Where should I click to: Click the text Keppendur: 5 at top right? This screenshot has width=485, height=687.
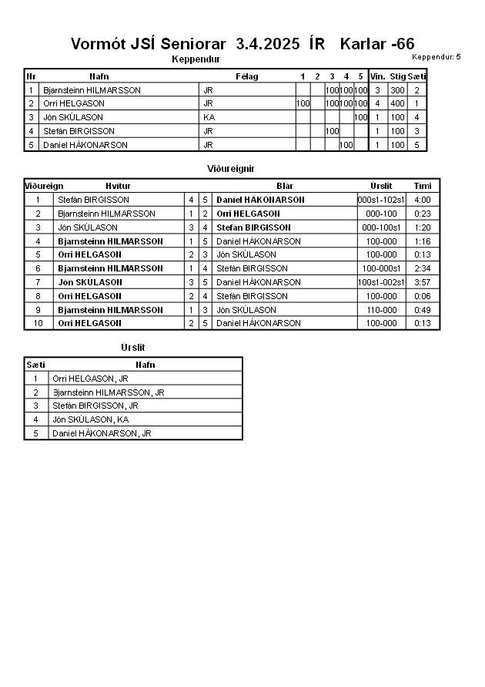pos(436,57)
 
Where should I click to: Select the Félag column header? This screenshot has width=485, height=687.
pos(246,76)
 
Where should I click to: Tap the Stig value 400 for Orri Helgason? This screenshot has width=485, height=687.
pos(397,103)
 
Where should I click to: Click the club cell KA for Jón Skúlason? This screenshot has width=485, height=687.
pos(209,117)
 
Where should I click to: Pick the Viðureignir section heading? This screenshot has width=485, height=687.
pos(231,168)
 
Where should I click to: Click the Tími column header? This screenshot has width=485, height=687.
pos(422,186)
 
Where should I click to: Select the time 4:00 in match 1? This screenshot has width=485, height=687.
pos(422,200)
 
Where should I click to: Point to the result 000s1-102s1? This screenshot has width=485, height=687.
pos(381,200)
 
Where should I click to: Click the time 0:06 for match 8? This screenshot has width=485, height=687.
pos(422,296)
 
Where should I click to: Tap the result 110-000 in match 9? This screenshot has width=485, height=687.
pos(381,310)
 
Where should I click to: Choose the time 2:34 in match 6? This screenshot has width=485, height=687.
pos(422,268)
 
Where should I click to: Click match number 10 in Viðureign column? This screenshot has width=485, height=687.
pos(38,323)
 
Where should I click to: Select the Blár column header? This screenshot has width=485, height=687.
pos(285,186)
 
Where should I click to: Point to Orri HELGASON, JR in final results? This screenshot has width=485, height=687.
pos(90,379)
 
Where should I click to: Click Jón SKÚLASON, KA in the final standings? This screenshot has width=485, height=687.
pos(90,419)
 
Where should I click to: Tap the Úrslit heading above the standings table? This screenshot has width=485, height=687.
pos(133,348)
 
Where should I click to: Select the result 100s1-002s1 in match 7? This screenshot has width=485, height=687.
pos(381,282)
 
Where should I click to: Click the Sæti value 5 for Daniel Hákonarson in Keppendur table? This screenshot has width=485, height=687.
pos(416,145)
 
